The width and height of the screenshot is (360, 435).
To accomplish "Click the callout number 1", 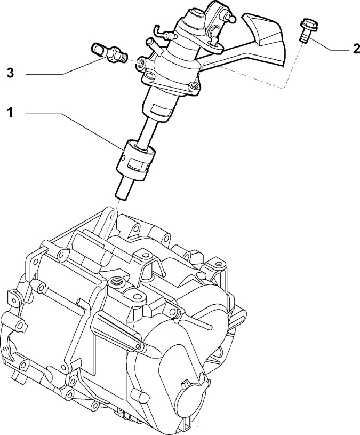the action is [x=10, y=113].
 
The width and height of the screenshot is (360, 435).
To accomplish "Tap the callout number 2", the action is [x=356, y=49].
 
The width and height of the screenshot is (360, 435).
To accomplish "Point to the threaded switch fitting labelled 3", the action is [x=109, y=53].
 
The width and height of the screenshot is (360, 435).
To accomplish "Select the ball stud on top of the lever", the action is [x=231, y=19].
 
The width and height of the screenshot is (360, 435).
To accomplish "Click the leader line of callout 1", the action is [x=74, y=130].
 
